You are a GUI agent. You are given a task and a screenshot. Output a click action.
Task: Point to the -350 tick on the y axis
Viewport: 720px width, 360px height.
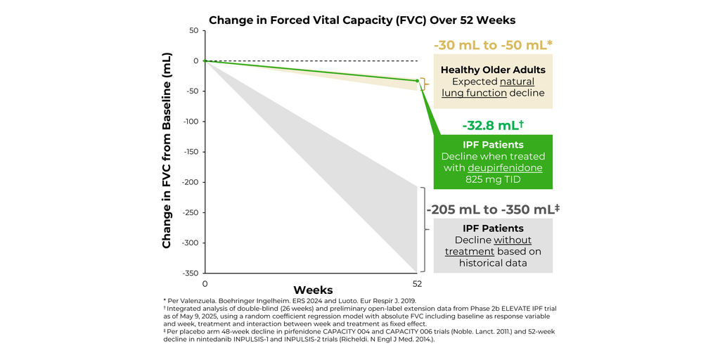190,273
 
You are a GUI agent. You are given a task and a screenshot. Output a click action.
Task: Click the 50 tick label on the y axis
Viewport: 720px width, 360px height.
193,30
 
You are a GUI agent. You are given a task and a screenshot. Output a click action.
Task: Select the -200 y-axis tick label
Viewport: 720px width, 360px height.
190,182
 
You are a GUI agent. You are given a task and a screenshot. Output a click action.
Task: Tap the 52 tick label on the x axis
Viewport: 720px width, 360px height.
417,284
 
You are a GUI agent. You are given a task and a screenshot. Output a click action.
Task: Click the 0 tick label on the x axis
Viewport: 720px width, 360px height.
205,284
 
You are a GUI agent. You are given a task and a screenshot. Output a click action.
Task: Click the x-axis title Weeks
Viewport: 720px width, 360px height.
313,290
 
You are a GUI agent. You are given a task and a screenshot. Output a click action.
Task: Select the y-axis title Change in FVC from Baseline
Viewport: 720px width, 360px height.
167,152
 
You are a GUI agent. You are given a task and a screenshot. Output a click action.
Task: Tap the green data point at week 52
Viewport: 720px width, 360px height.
417,81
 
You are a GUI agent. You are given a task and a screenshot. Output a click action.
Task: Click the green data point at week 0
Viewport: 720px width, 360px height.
205,60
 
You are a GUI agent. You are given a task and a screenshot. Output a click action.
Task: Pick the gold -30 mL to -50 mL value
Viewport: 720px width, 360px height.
492,46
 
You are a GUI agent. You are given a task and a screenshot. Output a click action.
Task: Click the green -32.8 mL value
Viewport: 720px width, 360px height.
492,125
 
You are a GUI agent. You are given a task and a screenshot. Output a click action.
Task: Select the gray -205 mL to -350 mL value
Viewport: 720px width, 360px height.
492,210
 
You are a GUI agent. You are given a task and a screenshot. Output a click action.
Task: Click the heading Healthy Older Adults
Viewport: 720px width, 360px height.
492,70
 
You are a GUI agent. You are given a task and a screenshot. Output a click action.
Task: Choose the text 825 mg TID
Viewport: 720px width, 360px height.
492,179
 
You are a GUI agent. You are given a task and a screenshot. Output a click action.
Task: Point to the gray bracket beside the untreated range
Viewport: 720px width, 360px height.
423,229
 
